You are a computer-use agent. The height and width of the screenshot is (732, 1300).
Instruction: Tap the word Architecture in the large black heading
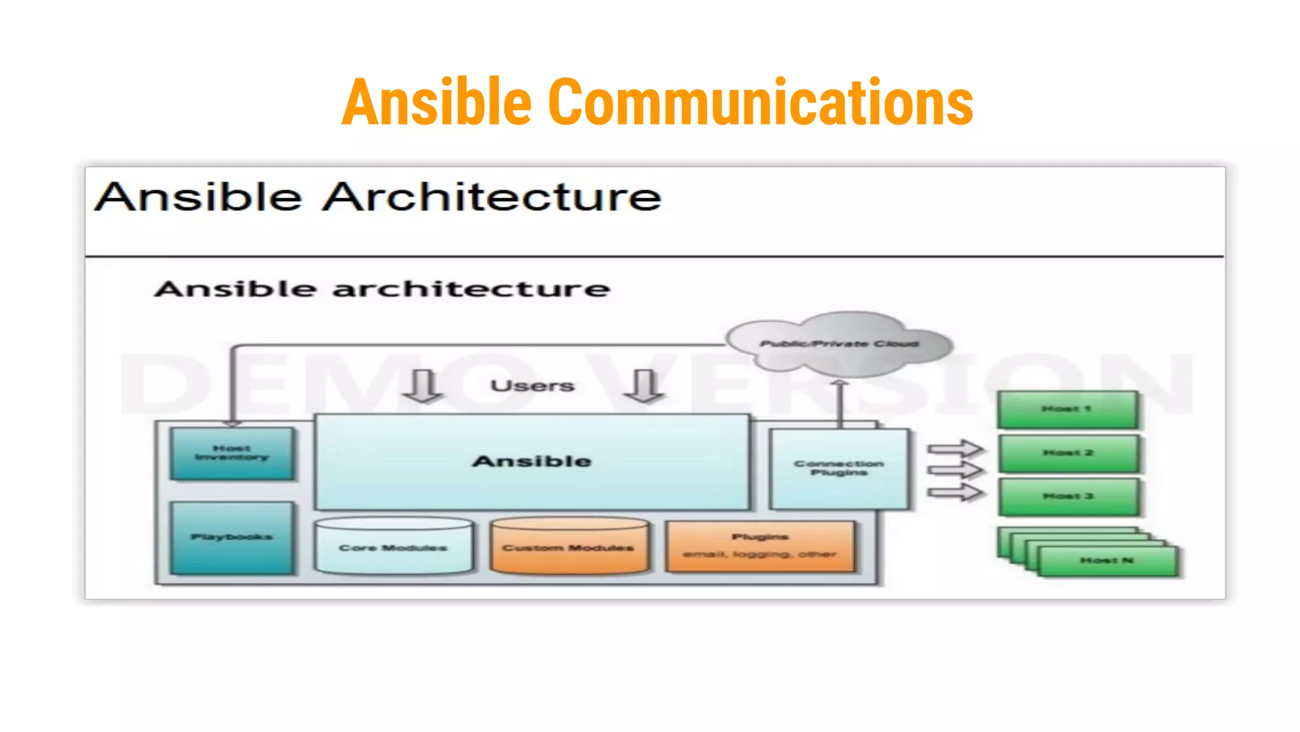pyautogui.click(x=492, y=197)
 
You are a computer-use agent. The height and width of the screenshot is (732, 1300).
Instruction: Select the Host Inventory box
pyautogui.click(x=232, y=453)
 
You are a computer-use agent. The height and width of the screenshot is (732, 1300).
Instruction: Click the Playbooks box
pyautogui.click(x=232, y=538)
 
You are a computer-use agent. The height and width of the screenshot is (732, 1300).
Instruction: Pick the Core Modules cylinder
pyautogui.click(x=394, y=547)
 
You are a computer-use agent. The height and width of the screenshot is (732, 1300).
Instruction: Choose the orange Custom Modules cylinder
pyautogui.click(x=569, y=547)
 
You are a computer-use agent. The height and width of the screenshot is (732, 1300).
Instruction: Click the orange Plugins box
pyautogui.click(x=760, y=546)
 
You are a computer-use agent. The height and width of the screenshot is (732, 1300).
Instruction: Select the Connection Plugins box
pyautogui.click(x=839, y=468)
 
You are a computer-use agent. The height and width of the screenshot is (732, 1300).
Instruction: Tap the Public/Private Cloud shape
pyautogui.click(x=839, y=344)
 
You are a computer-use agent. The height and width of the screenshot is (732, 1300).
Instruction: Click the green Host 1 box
pyautogui.click(x=1067, y=409)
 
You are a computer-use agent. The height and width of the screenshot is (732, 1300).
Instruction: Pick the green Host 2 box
pyautogui.click(x=1068, y=453)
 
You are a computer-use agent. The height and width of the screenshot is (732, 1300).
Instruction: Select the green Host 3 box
pyautogui.click(x=1068, y=496)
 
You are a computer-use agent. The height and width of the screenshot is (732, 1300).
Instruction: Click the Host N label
pyautogui.click(x=1107, y=560)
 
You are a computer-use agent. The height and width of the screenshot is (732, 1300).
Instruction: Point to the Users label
pyautogui.click(x=533, y=386)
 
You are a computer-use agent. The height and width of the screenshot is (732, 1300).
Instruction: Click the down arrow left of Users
pyautogui.click(x=423, y=386)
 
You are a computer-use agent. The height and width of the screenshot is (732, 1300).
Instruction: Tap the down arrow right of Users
pyautogui.click(x=644, y=386)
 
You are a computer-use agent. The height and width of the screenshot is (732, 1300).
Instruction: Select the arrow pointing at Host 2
pyautogui.click(x=955, y=471)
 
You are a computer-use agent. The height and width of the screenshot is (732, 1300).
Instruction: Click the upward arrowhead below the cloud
pyautogui.click(x=839, y=383)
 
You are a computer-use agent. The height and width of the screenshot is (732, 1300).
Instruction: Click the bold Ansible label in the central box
pyautogui.click(x=532, y=461)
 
